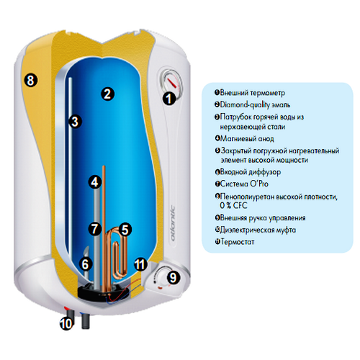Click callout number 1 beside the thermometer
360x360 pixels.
click(169, 99)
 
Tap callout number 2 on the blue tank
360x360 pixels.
click(107, 94)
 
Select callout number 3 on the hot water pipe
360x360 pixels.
click(75, 121)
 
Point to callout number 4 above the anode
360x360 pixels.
click(95, 182)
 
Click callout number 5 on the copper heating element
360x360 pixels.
click(125, 230)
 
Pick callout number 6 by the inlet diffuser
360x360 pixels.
click(86, 264)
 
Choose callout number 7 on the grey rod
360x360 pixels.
click(95, 228)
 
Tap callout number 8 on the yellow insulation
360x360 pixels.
click(31, 80)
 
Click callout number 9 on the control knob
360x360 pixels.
click(173, 277)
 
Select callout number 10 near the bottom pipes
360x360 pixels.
click(66, 324)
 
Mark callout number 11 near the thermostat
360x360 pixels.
click(140, 264)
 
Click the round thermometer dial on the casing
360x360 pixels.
click(170, 83)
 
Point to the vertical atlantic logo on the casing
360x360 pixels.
click(172, 224)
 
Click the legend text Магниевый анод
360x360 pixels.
click(247, 138)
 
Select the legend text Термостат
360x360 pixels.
click(238, 242)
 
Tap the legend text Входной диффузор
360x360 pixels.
click(251, 172)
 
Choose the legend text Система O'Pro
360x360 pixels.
click(244, 184)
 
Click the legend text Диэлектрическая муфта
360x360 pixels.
click(258, 230)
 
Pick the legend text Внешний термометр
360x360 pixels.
click(253, 93)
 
